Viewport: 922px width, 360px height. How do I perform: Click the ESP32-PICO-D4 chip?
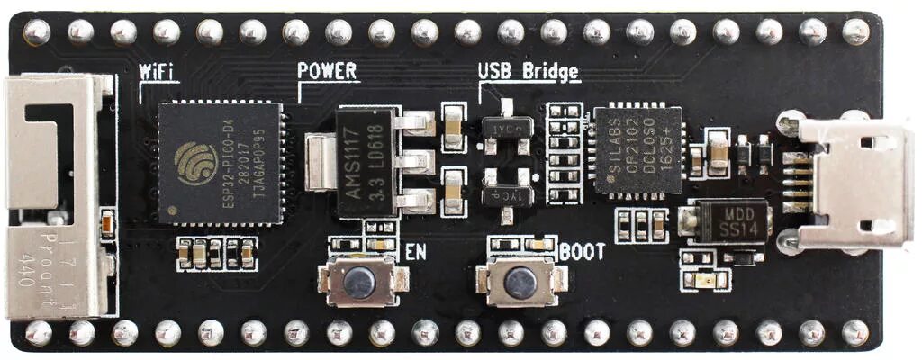[x=220, y=163]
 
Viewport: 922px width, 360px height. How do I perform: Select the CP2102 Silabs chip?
[x=637, y=150]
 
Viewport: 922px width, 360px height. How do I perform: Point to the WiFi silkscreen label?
[x=158, y=72]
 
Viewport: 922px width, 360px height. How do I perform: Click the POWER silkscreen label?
[x=327, y=70]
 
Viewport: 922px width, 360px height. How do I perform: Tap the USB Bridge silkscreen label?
[x=529, y=70]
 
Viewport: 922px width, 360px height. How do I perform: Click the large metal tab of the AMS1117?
[x=317, y=162]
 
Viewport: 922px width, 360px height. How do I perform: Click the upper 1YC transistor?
[x=507, y=128]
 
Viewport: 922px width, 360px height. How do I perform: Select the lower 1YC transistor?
[x=507, y=194]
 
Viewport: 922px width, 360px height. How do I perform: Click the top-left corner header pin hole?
[x=36, y=32]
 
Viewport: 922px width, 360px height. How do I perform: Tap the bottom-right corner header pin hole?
[x=854, y=333]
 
